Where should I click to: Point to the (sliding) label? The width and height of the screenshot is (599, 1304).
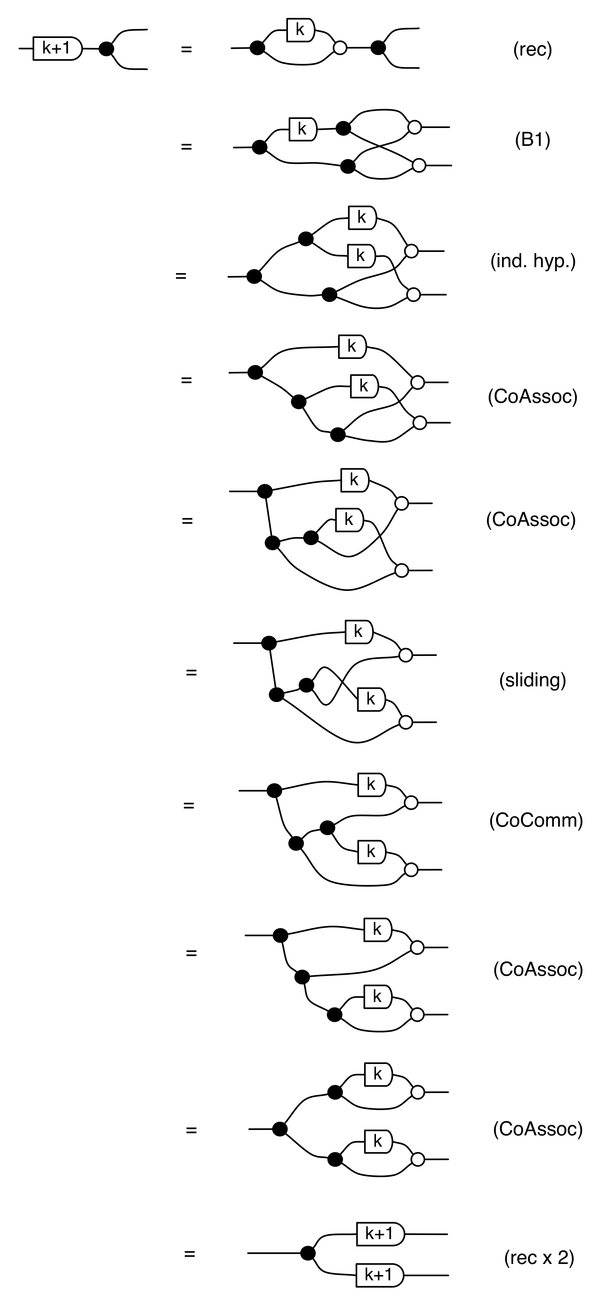tap(533, 680)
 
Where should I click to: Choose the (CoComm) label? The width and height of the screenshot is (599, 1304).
tap(536, 820)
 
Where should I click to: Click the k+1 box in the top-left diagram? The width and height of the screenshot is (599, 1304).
tap(57, 49)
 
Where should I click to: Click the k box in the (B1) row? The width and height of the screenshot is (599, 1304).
tap(302, 129)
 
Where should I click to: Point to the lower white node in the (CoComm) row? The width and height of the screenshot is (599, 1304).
tap(411, 870)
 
